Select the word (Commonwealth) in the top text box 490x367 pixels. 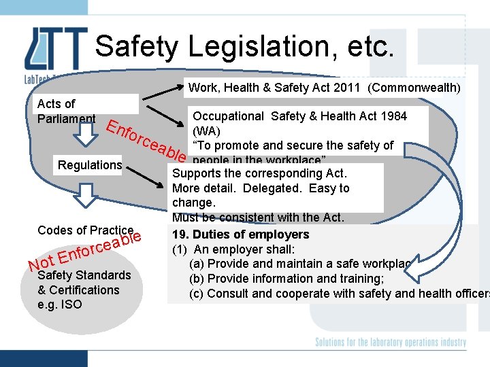414,88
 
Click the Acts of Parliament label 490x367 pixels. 66,111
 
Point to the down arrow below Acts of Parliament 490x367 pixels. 87,137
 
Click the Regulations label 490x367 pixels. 90,165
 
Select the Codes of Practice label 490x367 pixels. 86,230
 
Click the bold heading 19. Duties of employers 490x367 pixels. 240,234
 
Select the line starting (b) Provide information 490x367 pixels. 286,279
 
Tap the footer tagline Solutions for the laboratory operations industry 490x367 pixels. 391,343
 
